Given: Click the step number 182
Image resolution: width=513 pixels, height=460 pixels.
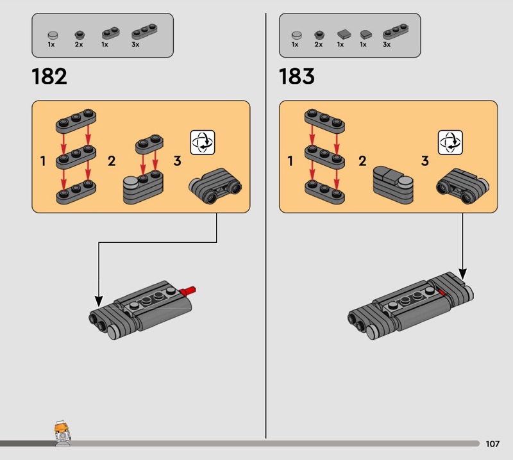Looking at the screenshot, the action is (x=49, y=76).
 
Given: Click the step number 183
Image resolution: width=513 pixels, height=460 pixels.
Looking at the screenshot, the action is (x=296, y=76).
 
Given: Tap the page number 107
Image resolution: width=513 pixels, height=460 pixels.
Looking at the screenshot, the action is (x=492, y=443).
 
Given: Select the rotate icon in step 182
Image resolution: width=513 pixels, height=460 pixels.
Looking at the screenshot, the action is (x=203, y=142).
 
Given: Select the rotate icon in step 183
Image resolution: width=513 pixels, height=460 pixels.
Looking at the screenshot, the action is (x=450, y=142).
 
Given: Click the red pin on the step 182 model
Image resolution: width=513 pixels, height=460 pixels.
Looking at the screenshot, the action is (x=188, y=291).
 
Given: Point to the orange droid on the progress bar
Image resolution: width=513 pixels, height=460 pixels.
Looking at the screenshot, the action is (x=62, y=433).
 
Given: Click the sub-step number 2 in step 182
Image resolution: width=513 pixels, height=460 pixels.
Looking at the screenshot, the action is (x=112, y=161).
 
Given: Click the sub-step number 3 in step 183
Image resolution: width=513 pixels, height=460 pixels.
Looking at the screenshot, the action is (x=425, y=161).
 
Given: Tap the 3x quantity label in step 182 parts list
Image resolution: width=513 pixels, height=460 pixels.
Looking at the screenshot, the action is (x=135, y=44).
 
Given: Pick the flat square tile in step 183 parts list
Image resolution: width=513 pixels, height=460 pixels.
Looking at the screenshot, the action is (x=344, y=34).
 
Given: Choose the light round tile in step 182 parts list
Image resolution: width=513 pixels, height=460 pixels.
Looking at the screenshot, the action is (x=53, y=35).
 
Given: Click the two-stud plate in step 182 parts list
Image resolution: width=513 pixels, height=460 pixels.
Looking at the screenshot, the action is (x=110, y=33).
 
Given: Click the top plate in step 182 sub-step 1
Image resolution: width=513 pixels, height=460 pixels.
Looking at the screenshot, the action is (x=76, y=121).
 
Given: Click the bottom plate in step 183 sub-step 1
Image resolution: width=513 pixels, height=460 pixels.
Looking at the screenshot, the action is (x=324, y=193).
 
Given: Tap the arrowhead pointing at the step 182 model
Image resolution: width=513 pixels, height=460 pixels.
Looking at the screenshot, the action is (x=99, y=302).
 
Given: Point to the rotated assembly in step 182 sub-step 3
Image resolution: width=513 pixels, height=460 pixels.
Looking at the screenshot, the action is (x=215, y=186).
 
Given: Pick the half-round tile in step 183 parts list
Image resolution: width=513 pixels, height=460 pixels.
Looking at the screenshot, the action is (x=366, y=35).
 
